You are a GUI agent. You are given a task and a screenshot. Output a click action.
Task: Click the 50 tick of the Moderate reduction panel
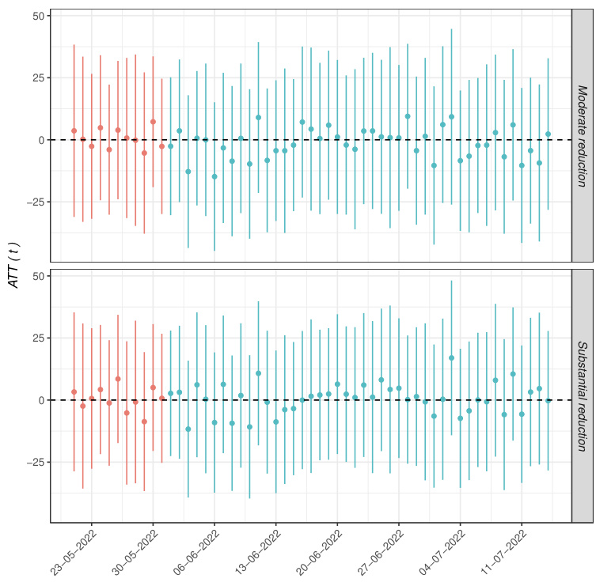point(36,16)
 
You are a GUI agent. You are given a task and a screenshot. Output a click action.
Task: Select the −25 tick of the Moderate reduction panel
point(32,202)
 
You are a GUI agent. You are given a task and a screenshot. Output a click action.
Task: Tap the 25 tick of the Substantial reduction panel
point(36,338)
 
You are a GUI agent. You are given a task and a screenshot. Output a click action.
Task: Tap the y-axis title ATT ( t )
point(13,269)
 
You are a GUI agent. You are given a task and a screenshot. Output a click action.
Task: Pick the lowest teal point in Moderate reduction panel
point(214,176)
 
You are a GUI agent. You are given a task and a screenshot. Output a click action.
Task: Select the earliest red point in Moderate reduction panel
point(74,130)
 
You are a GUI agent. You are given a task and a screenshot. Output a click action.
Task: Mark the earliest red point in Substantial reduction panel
point(74,391)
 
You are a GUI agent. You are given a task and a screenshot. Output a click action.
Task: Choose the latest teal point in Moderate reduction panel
point(548,134)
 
